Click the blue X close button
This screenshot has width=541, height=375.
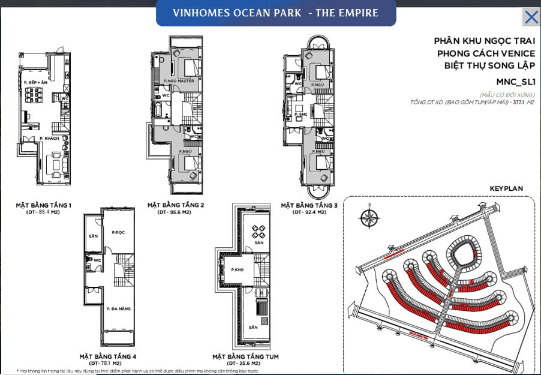(x=531, y=17)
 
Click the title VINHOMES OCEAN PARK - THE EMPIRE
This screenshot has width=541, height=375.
(x=276, y=13)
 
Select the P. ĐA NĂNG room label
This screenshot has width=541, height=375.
(x=117, y=308)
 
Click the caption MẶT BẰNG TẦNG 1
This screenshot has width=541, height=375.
(x=44, y=205)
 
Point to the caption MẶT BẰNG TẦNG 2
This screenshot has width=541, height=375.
(x=176, y=205)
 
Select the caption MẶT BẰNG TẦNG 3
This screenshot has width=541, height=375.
(x=309, y=205)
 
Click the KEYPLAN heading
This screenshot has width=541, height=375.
(x=506, y=188)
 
